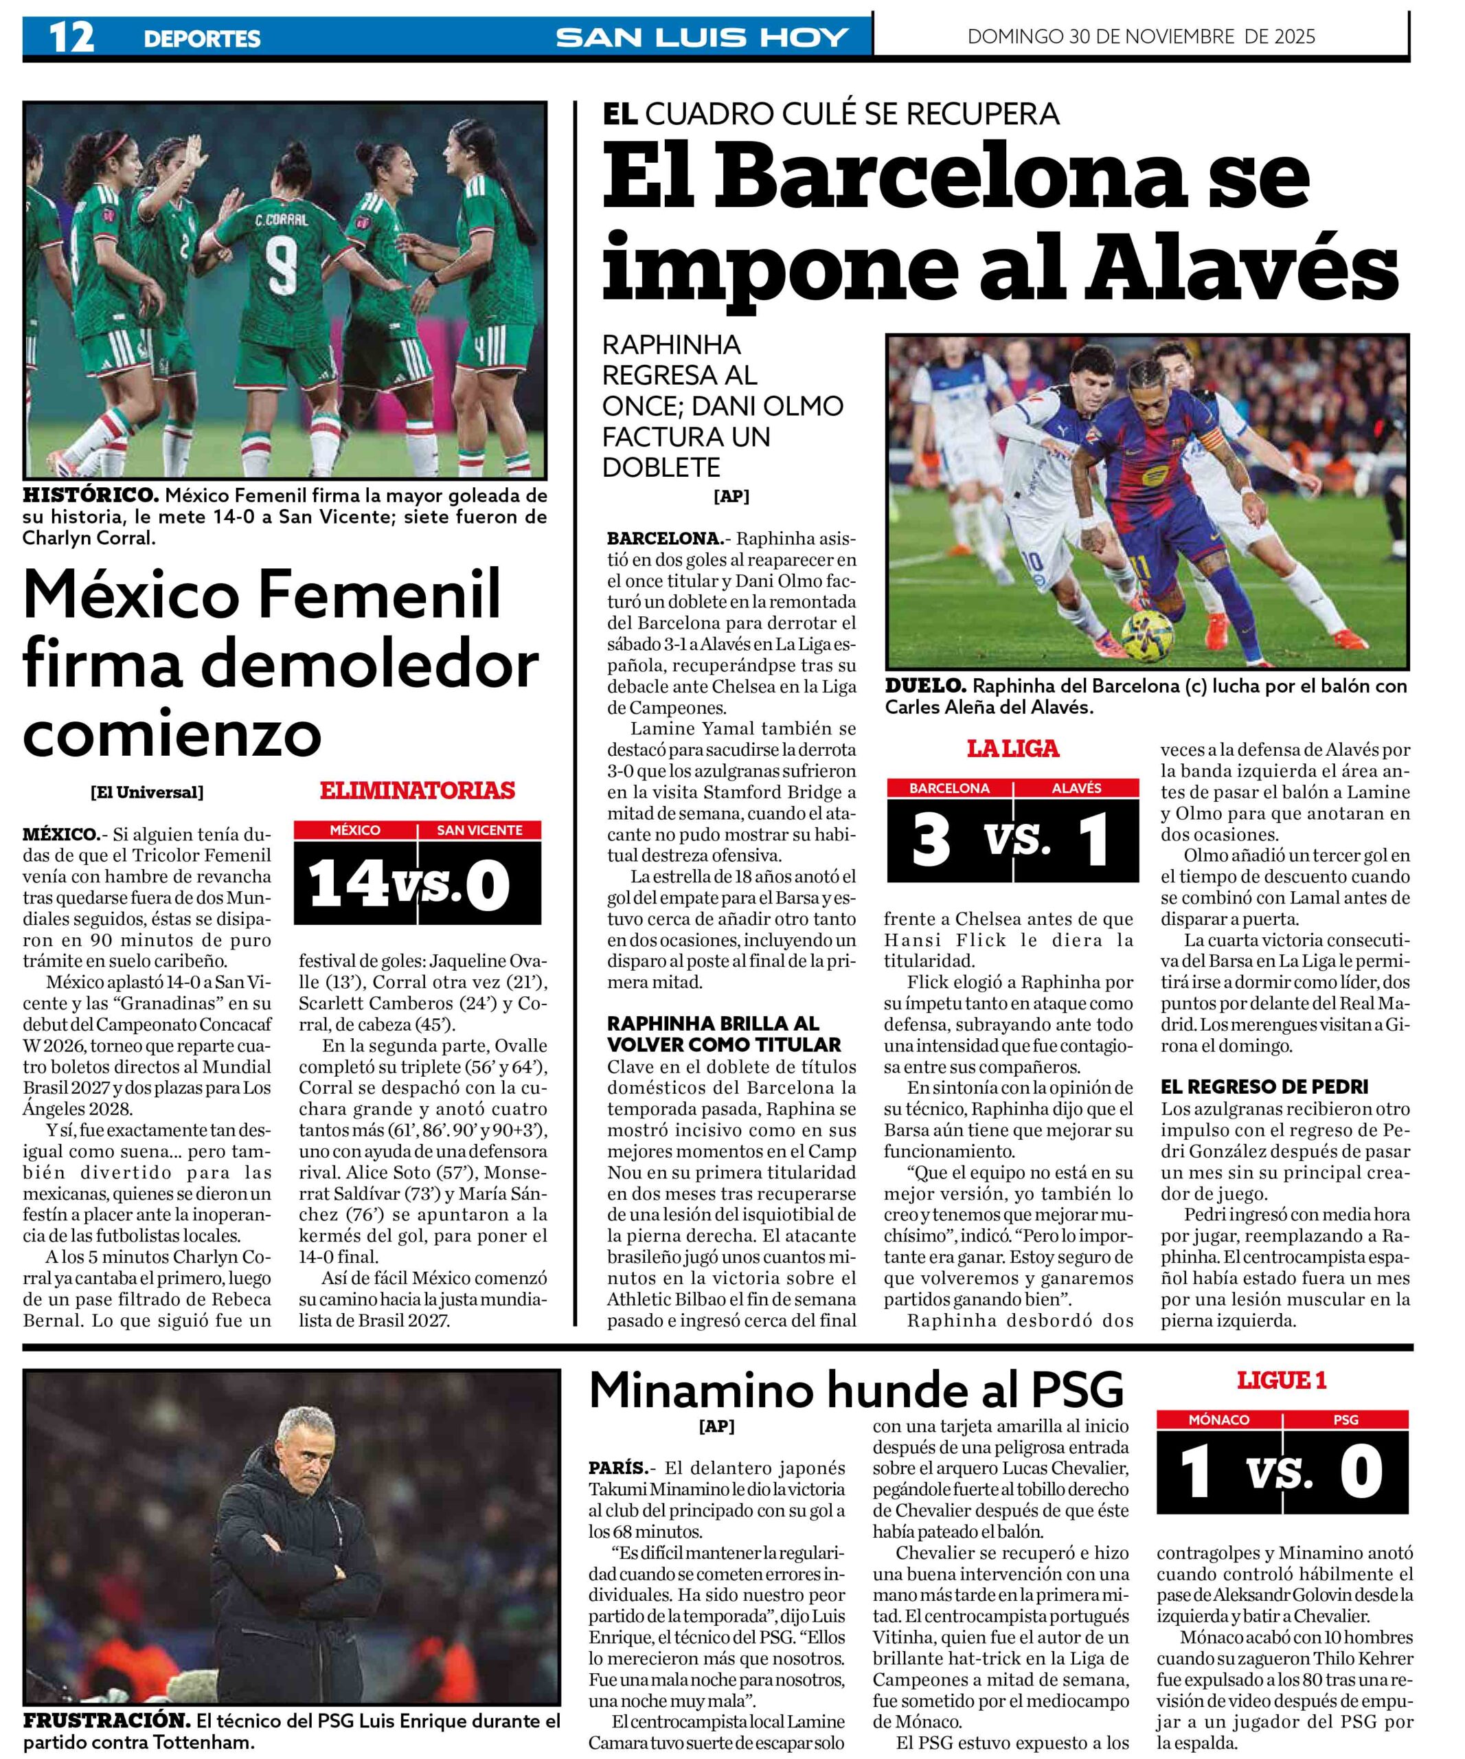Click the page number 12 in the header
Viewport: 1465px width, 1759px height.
pos(72,37)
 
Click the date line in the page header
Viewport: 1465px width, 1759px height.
pos(1141,37)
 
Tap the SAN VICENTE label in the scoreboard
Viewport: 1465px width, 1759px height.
pos(479,830)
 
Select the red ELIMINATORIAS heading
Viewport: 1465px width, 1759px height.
pos(417,790)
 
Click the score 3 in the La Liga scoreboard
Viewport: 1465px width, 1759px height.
pos(931,840)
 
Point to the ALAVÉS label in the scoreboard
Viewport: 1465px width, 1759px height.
pos(1076,788)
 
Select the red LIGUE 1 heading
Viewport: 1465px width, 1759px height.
pos(1282,1380)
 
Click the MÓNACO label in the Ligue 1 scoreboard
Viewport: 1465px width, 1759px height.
pos(1219,1420)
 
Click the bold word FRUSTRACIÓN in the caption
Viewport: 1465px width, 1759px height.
pos(106,1721)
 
